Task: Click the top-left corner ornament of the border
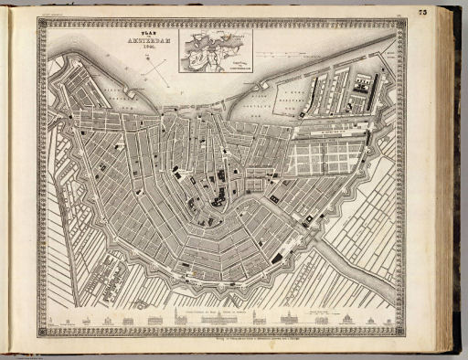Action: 43,24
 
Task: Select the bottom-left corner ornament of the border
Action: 43,332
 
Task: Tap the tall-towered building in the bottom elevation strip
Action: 168,317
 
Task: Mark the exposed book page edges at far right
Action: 452,183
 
